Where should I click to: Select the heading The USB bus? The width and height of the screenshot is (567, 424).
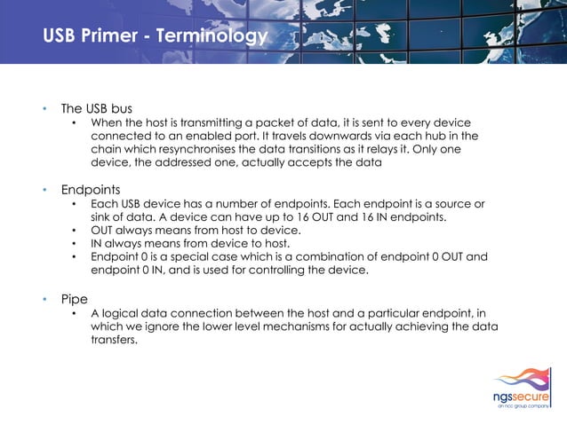click(x=96, y=108)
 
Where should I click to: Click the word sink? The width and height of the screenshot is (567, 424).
click(x=105, y=216)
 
